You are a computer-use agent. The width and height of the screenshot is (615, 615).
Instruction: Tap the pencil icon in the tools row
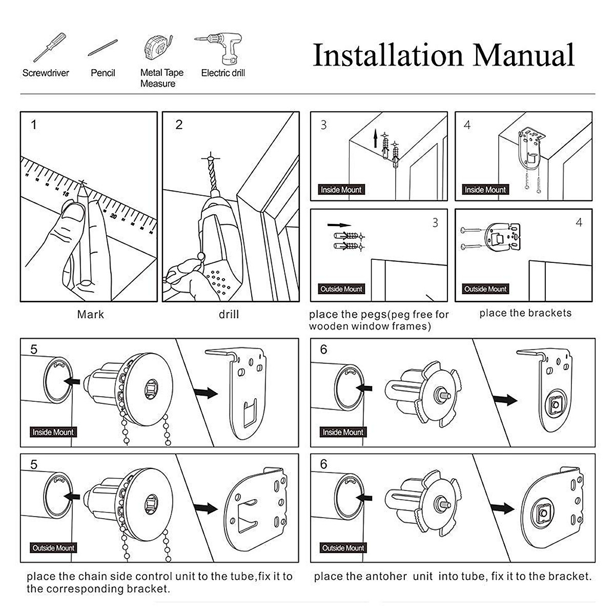pos(102,48)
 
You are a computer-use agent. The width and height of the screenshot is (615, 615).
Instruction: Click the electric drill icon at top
pos(221,47)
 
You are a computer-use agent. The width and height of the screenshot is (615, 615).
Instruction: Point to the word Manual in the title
pos(523,55)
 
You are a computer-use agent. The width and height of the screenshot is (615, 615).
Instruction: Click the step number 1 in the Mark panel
pos(34,125)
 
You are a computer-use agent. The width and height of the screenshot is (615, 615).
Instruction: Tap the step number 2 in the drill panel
pos(179,125)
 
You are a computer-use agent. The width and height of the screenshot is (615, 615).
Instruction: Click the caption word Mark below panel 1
pos(90,314)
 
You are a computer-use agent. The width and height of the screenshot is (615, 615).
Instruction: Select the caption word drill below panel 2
pos(229,314)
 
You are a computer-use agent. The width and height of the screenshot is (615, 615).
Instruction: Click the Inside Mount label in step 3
pos(341,190)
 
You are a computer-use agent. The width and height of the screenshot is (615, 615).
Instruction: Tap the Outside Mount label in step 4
pos(485,289)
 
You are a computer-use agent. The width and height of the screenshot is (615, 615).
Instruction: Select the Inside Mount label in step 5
pos(53,432)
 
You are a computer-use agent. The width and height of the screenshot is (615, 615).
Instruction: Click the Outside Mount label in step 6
pos(343,548)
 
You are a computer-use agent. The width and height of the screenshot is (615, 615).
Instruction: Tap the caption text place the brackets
pos(525,313)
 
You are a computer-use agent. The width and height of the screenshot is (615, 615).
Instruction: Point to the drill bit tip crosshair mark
pos(210,156)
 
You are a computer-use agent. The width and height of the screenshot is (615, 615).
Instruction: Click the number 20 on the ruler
pos(113,217)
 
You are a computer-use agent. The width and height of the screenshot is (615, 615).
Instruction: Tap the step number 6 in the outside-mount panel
pos(323,464)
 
